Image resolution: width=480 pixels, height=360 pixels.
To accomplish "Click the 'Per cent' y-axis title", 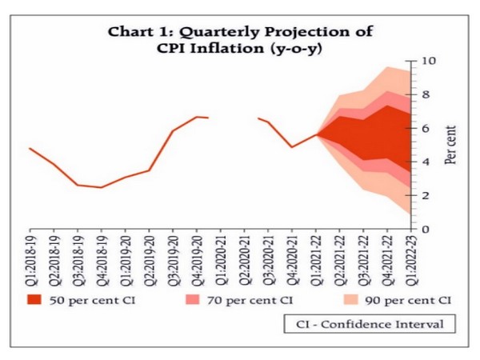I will (450, 144).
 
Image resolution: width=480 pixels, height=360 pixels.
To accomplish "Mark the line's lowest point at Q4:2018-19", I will (101, 187).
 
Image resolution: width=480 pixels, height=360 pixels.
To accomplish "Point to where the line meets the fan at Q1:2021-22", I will (318, 134).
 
